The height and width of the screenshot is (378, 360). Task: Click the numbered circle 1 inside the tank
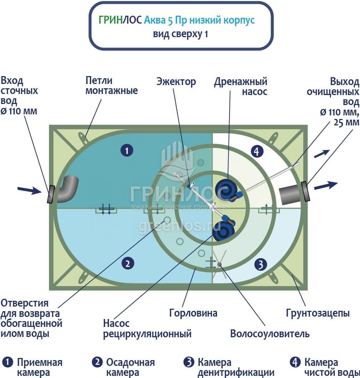coord(127,150)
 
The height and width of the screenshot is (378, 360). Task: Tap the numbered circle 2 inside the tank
coord(128,263)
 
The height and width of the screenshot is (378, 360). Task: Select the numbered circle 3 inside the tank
coord(261,264)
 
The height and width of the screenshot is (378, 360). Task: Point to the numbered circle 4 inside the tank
coord(257,151)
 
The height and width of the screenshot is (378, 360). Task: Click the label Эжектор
coord(176,81)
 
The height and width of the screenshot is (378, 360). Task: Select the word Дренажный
coord(241,82)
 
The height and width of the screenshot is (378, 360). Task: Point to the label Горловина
coord(193,313)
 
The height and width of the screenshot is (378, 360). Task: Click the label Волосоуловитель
coord(270,334)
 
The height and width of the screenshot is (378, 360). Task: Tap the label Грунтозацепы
coord(318,313)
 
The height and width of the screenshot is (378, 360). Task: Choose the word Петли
coord(99,80)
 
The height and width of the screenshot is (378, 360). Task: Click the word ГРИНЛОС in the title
coord(120,20)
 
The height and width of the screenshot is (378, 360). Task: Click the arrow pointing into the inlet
coord(30,190)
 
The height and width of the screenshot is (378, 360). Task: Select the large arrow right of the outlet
coord(326,185)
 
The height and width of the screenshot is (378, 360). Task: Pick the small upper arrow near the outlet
coord(322,154)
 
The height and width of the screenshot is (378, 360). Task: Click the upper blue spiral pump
coord(226,189)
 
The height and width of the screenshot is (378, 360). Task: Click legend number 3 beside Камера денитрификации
coord(189,362)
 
